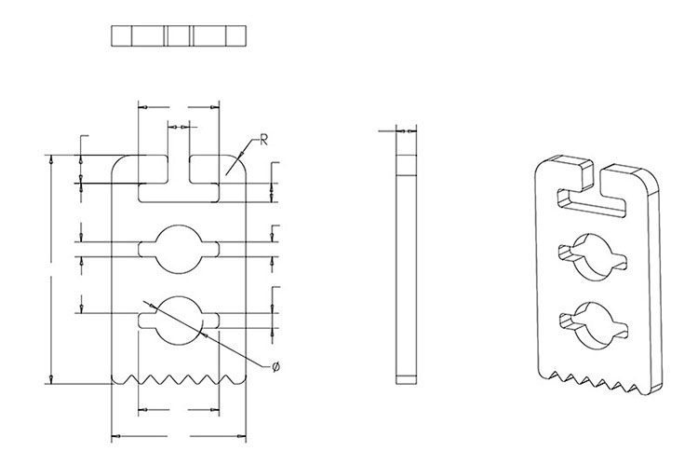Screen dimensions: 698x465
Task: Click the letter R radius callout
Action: point(264,141)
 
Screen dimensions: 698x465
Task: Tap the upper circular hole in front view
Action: point(178,249)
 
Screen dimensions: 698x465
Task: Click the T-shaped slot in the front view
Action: point(178,191)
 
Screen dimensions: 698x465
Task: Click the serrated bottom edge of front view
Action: point(178,379)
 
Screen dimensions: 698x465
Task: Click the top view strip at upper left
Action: point(179,35)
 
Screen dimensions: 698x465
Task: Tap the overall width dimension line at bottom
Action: point(178,436)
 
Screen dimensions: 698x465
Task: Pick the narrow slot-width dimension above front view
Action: point(179,124)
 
